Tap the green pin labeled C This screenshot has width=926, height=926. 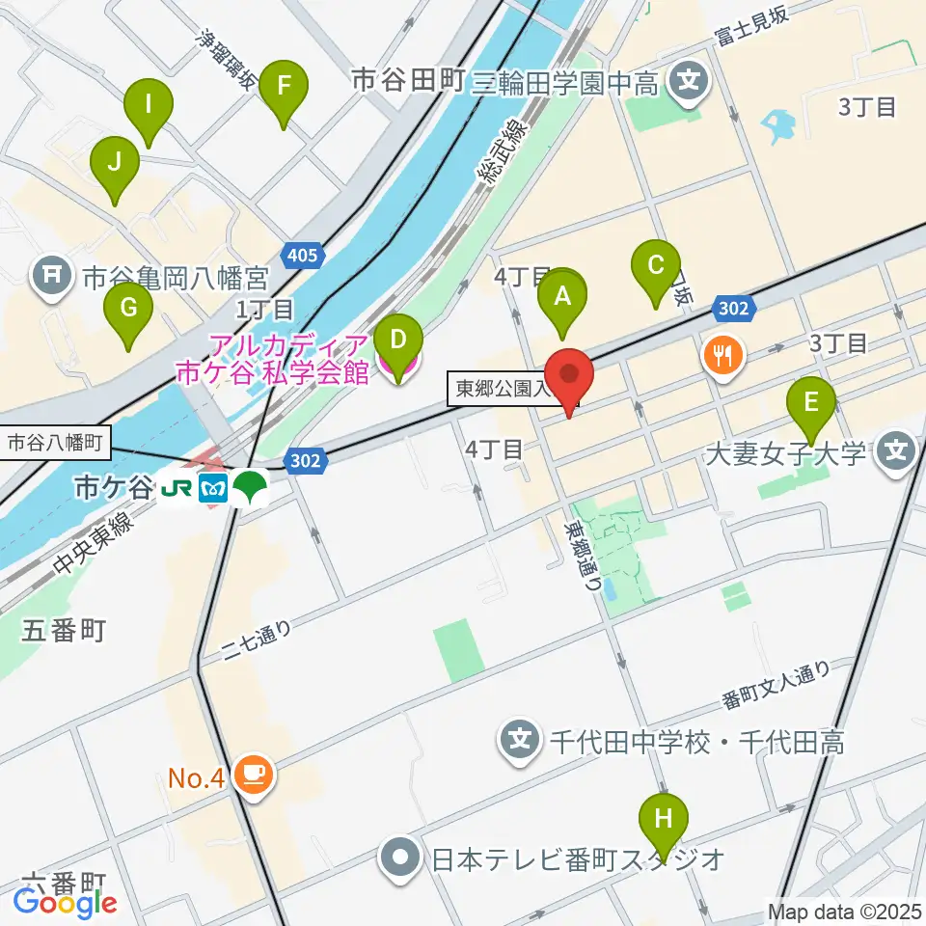tap(656, 265)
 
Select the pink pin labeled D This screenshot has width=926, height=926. tap(397, 341)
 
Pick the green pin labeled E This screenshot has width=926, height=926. tap(811, 403)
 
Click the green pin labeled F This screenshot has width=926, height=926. tap(283, 87)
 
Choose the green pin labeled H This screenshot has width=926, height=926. tap(664, 821)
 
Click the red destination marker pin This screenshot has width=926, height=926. tap(569, 375)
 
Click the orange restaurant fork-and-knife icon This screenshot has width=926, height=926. tap(722, 356)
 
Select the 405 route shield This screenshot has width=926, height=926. tap(303, 256)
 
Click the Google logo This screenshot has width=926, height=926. tap(65, 902)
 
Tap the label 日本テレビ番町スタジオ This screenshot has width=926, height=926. tap(578, 856)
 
